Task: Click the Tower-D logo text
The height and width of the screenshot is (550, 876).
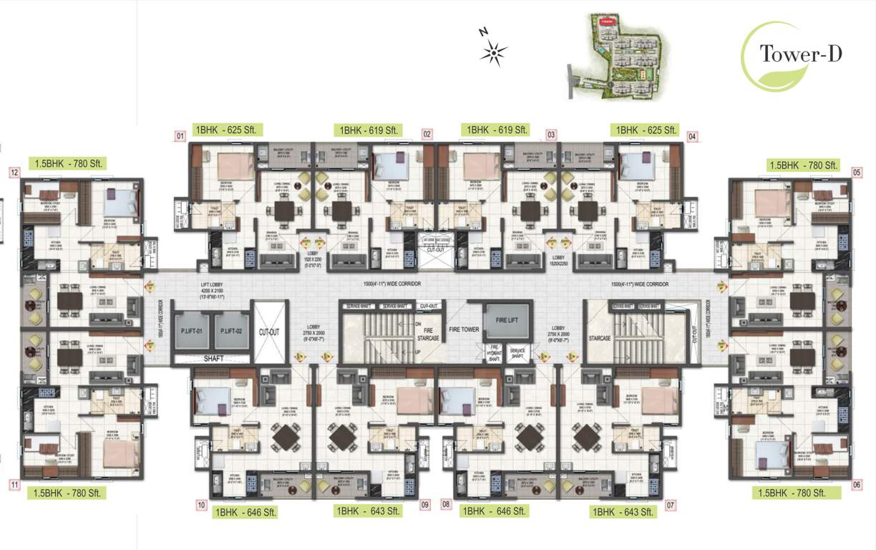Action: point(801,54)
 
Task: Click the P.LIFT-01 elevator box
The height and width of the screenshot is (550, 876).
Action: point(193,331)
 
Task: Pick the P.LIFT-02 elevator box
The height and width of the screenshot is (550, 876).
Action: point(231,331)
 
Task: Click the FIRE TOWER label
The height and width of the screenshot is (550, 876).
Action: point(464,330)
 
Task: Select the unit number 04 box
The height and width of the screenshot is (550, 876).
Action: point(692,135)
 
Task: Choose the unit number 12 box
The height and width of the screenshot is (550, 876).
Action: point(14,172)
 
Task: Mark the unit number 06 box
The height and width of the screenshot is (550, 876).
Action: point(857,484)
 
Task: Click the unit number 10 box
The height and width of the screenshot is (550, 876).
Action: point(201,504)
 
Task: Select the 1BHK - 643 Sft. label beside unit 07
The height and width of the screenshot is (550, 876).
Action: point(622,511)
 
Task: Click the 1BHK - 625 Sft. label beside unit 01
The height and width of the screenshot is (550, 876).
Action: point(227,130)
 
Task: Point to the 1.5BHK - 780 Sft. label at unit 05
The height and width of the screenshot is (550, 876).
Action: point(802,165)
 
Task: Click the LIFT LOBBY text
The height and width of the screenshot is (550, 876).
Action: point(213,284)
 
